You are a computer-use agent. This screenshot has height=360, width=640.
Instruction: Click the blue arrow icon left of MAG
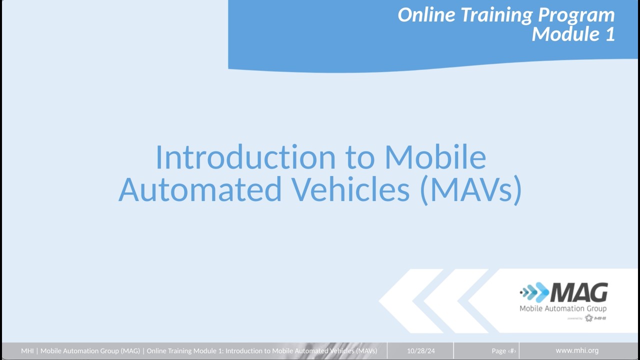point(534,292)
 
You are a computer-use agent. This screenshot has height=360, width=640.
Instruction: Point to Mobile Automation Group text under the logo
point(563,308)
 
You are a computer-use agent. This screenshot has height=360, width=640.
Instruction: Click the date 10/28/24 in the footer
point(421,351)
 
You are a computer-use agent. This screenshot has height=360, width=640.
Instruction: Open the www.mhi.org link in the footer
point(577,350)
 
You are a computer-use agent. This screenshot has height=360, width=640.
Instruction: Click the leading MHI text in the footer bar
point(27,351)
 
